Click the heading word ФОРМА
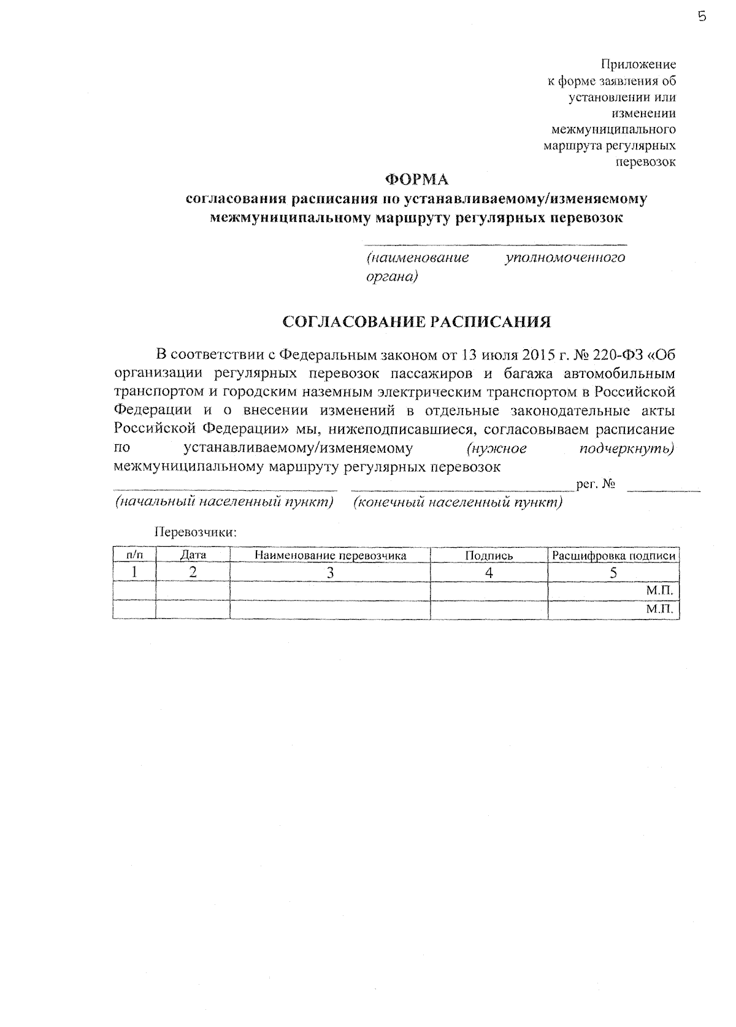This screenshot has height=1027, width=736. pyautogui.click(x=416, y=180)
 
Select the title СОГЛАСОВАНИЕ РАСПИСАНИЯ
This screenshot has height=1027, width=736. pyautogui.click(x=416, y=322)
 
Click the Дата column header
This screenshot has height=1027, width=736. pyautogui.click(x=193, y=555)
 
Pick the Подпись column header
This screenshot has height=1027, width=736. pyautogui.click(x=489, y=555)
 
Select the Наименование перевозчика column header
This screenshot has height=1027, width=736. pyautogui.click(x=331, y=555)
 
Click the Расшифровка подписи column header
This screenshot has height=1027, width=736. pyautogui.click(x=614, y=556)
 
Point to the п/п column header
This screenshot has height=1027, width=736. pyautogui.click(x=134, y=555)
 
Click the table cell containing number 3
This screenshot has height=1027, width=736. pyautogui.click(x=331, y=573)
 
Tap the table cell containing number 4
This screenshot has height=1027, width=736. pyautogui.click(x=489, y=573)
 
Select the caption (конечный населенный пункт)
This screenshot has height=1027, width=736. pyautogui.click(x=458, y=502)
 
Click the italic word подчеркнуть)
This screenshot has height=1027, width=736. pyautogui.click(x=627, y=449)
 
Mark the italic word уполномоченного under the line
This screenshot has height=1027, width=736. pyautogui.click(x=565, y=258)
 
